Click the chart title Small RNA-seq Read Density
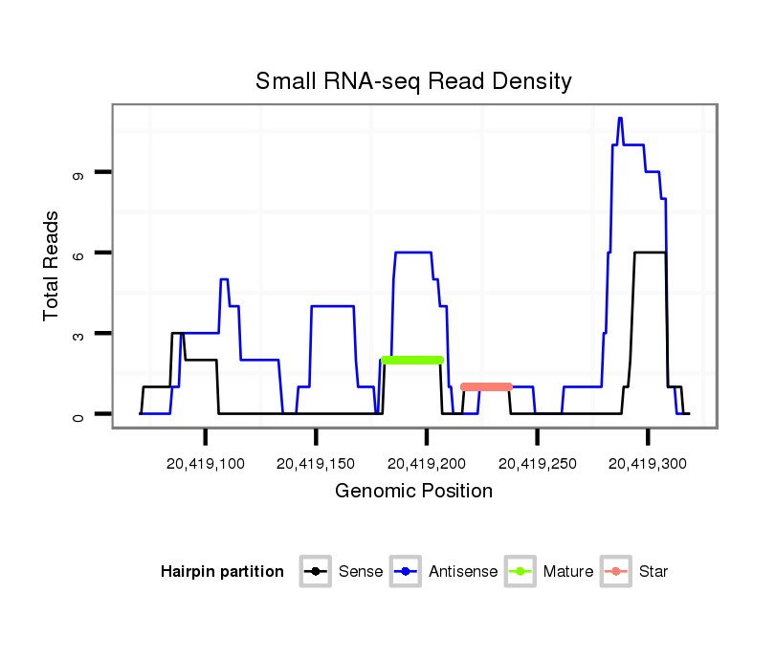(x=413, y=81)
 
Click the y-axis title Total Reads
(x=52, y=265)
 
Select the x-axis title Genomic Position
(x=413, y=492)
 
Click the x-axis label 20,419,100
(x=206, y=463)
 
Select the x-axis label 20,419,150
(x=316, y=463)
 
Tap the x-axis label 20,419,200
(x=427, y=463)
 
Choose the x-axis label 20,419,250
(x=537, y=463)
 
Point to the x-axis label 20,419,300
(x=648, y=463)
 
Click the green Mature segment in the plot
(x=412, y=360)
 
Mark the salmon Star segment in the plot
(x=486, y=386)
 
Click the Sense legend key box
(x=316, y=572)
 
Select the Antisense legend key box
(x=407, y=572)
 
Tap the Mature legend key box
(x=520, y=572)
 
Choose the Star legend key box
(x=616, y=572)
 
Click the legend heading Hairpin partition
(x=222, y=572)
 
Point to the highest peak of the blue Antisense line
(x=620, y=119)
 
